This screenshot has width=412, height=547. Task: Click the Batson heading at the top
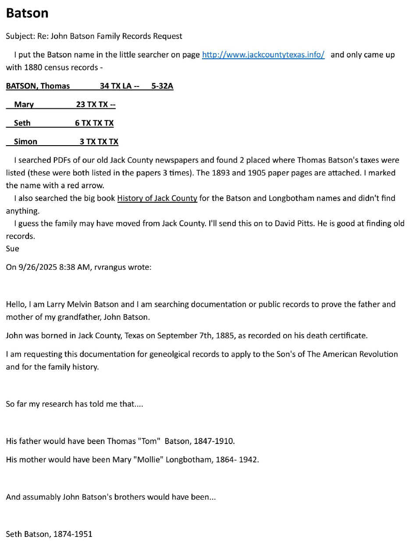tap(27, 13)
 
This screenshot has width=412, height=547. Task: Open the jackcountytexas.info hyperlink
tap(263, 55)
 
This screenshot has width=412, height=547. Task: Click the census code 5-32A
tap(162, 86)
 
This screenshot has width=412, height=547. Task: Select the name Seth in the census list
tap(22, 123)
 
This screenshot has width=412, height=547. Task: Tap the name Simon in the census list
tap(25, 142)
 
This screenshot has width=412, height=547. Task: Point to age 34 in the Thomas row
tap(104, 86)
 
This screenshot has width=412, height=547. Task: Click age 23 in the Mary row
tap(81, 105)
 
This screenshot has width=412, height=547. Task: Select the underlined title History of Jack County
tap(157, 198)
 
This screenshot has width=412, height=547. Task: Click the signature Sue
tap(12, 249)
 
